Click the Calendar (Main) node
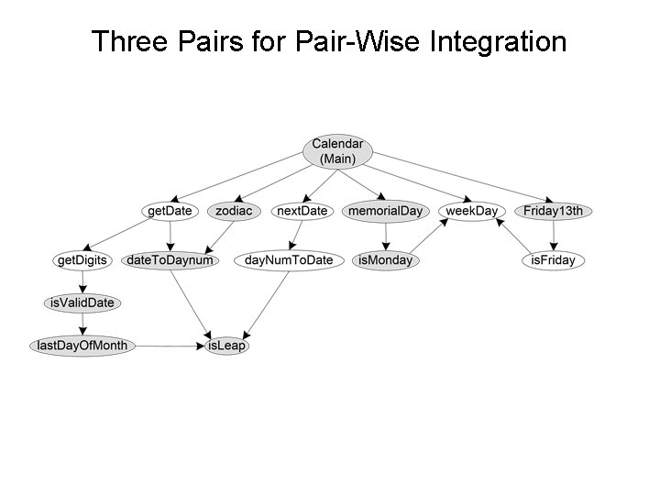(337, 151)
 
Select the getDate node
(170, 211)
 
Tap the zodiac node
(234, 211)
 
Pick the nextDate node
(302, 211)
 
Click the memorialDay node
(386, 211)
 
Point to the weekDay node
(472, 211)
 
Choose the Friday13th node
(553, 211)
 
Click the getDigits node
(82, 260)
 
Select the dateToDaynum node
(170, 260)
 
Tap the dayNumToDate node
(289, 260)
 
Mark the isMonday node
(386, 260)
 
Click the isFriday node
(554, 260)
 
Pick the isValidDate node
(82, 302)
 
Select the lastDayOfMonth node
(82, 346)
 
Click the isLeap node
(227, 346)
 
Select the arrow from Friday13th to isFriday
(553, 236)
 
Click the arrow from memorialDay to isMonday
(386, 236)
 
